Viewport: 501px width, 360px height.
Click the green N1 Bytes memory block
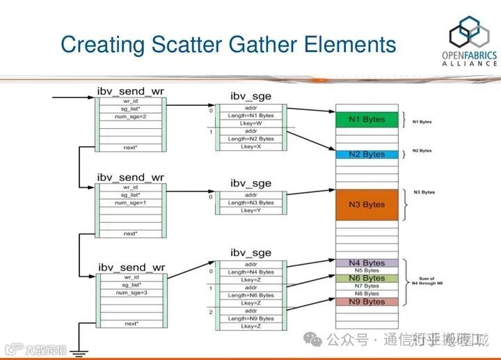tap(367, 120)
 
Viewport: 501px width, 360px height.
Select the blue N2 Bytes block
tap(367, 154)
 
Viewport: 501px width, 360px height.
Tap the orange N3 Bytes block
tap(367, 205)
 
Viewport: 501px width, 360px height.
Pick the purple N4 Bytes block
tap(367, 263)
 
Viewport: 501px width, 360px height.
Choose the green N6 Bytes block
tap(367, 279)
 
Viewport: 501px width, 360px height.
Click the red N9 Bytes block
tap(367, 302)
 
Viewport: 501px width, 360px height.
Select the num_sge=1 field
tap(130, 203)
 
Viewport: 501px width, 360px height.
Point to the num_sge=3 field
tap(130, 292)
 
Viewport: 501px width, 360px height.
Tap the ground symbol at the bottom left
tap(79, 354)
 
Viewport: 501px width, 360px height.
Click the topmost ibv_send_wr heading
tap(130, 91)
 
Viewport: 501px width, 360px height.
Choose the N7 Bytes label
tap(367, 286)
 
